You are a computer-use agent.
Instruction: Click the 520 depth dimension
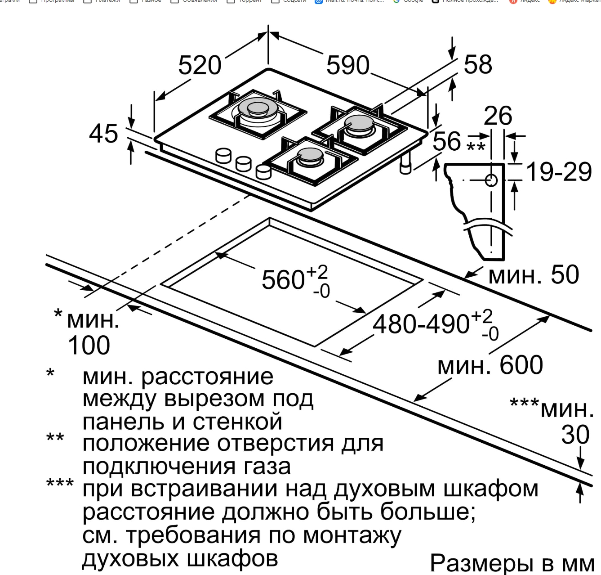pyautogui.click(x=200, y=66)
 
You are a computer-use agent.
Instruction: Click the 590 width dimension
pyautogui.click(x=347, y=66)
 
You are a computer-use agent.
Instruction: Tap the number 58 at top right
pyautogui.click(x=478, y=65)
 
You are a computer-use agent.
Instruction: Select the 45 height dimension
pyautogui.click(x=103, y=134)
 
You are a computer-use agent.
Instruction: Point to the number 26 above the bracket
pyautogui.click(x=498, y=116)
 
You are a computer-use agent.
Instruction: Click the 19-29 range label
pyautogui.click(x=558, y=172)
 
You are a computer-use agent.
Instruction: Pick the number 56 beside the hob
pyautogui.click(x=446, y=141)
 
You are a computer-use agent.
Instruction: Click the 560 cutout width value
pyautogui.click(x=283, y=280)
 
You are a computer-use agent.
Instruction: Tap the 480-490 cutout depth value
pyautogui.click(x=421, y=324)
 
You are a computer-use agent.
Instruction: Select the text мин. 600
pyautogui.click(x=490, y=365)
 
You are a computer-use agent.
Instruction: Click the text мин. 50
pyautogui.click(x=534, y=275)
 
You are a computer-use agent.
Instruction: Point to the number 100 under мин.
pyautogui.click(x=89, y=346)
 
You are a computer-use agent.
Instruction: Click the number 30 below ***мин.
pyautogui.click(x=575, y=435)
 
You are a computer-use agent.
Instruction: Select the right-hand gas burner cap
pyautogui.click(x=358, y=122)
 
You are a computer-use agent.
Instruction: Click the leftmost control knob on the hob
pyautogui.click(x=223, y=156)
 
